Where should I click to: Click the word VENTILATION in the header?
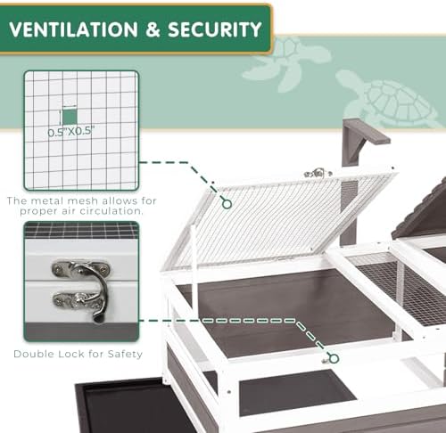click(x=73, y=29)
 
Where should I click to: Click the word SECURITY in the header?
click(x=215, y=29)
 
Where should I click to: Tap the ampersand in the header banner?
click(x=153, y=29)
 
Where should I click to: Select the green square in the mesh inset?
click(x=70, y=118)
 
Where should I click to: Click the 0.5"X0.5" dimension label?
click(x=71, y=132)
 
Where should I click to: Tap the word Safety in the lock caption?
click(x=125, y=355)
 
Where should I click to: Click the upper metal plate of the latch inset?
click(x=81, y=268)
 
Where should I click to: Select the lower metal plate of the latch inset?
click(x=78, y=300)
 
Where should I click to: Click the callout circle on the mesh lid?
click(x=227, y=204)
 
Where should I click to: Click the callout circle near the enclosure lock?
click(x=334, y=358)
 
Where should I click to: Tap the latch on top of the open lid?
click(x=318, y=173)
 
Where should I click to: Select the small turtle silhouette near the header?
click(x=287, y=63)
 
